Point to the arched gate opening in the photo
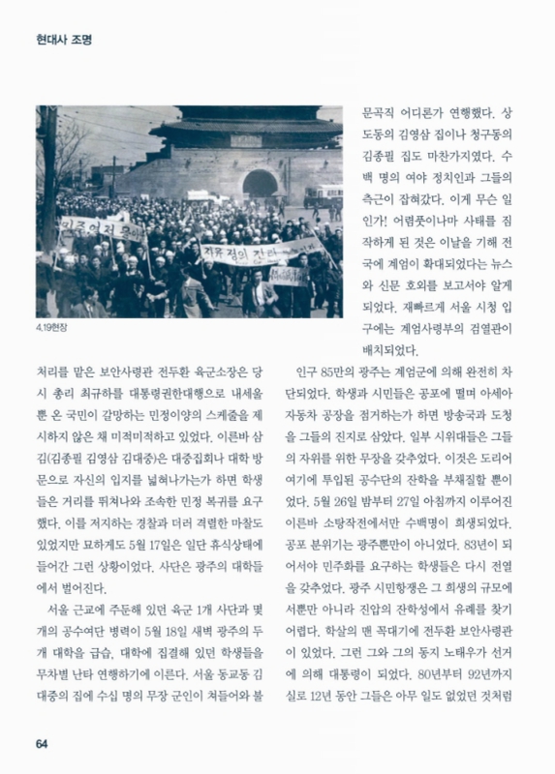tap(260, 184)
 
